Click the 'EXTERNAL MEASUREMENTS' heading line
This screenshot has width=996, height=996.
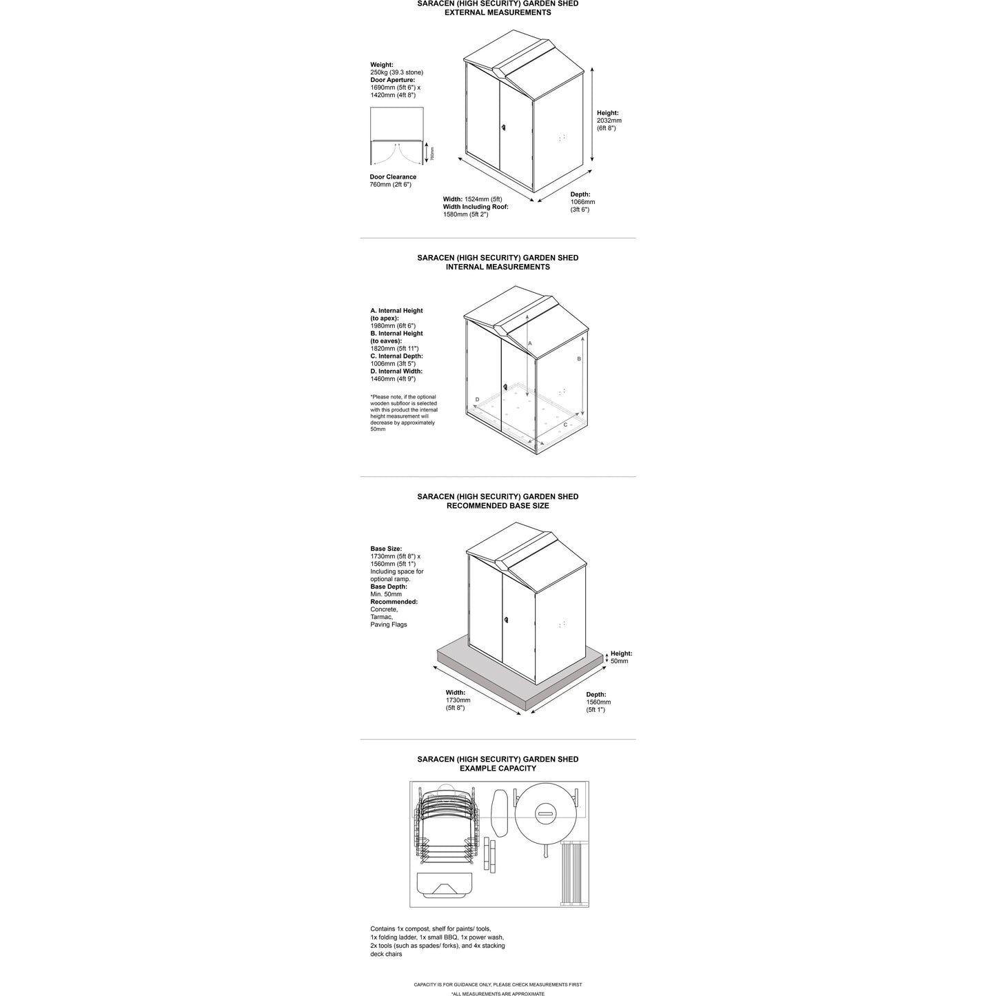pyautogui.click(x=498, y=12)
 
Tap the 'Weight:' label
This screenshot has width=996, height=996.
pyautogui.click(x=382, y=65)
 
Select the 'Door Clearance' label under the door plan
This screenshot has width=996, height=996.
pyautogui.click(x=393, y=177)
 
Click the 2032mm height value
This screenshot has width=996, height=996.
pyautogui.click(x=609, y=121)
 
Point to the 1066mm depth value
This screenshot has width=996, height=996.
pyautogui.click(x=582, y=202)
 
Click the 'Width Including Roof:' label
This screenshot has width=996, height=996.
pyautogui.click(x=476, y=207)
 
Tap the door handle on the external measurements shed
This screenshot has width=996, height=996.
pyautogui.click(x=504, y=128)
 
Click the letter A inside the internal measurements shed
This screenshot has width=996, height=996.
pyautogui.click(x=530, y=343)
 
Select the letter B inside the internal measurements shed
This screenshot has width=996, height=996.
pyautogui.click(x=579, y=359)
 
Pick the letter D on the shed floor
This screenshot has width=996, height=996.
pyautogui.click(x=477, y=400)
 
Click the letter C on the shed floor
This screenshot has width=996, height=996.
pyautogui.click(x=565, y=425)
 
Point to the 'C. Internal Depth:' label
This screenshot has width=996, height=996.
pyautogui.click(x=396, y=356)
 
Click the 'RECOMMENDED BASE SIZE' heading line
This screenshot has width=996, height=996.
pyautogui.click(x=498, y=506)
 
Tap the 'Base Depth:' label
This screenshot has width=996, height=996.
pyautogui.click(x=389, y=587)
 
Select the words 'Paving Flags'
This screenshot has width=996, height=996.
pyautogui.click(x=389, y=624)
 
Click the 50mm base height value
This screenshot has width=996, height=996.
pyautogui.click(x=619, y=661)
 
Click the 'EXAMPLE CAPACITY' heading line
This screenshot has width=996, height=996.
pyautogui.click(x=498, y=769)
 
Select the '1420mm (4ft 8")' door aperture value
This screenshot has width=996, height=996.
pyautogui.click(x=393, y=95)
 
